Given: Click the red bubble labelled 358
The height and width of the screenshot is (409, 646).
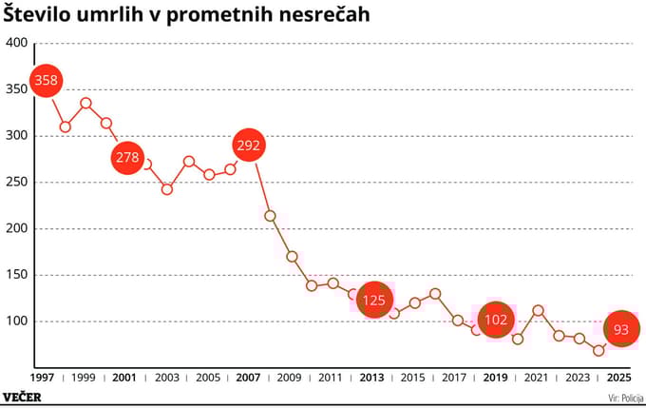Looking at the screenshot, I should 46,81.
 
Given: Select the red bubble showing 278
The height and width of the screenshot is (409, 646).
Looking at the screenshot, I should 127,157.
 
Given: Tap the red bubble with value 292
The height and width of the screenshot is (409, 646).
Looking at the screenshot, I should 249,146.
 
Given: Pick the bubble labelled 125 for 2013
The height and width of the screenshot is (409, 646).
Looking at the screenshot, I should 374,300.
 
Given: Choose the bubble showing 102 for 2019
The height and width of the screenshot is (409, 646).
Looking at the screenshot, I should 496,321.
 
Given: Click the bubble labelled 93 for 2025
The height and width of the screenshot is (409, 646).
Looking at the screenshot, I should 621,329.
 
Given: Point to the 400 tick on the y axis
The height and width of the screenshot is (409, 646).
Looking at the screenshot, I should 17,44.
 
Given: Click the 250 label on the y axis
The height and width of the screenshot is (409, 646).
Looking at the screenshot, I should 17,183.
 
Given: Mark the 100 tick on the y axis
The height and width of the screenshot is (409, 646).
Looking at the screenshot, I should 17,321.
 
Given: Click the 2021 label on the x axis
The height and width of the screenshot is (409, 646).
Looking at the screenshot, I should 536,377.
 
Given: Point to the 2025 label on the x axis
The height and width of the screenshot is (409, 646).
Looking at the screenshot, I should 619,377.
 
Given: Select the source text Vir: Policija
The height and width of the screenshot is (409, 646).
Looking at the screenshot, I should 618,398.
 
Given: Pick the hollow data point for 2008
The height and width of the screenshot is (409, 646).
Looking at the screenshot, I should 270,216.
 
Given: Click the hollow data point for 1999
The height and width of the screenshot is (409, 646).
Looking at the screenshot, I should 85,103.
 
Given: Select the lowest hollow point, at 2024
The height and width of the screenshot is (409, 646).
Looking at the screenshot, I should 598,350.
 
